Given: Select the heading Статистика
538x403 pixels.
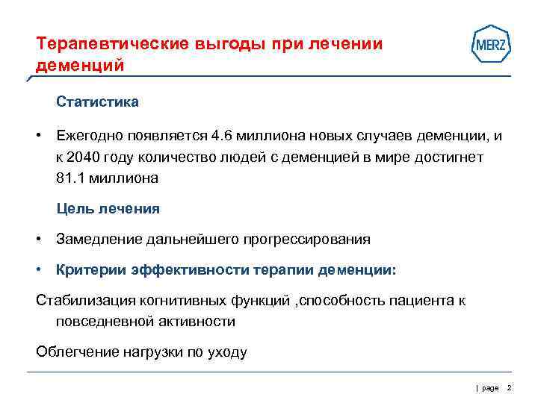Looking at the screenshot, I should (97, 101).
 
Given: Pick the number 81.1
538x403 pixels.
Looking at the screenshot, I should (72, 178).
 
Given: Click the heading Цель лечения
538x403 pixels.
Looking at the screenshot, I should (108, 209).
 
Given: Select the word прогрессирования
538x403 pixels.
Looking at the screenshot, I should (305, 240).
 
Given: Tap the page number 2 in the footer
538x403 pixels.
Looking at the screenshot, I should (509, 388).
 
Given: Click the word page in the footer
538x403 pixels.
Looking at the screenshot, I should (490, 389).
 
